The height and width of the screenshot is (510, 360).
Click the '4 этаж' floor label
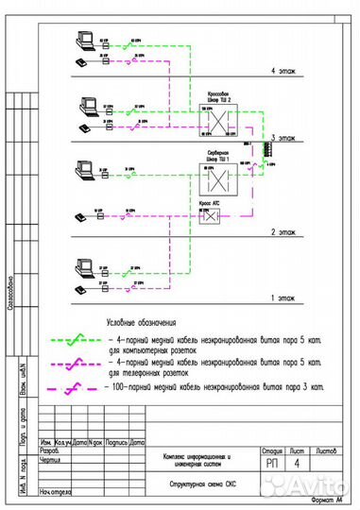click(x=283, y=72)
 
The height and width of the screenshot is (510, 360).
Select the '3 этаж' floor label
click(x=283, y=139)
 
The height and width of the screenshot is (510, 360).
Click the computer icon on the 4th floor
click(x=81, y=40)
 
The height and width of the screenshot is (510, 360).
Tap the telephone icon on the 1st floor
click(x=82, y=286)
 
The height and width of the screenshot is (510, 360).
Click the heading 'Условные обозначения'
click(x=146, y=321)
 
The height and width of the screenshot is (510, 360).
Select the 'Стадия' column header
click(x=270, y=450)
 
